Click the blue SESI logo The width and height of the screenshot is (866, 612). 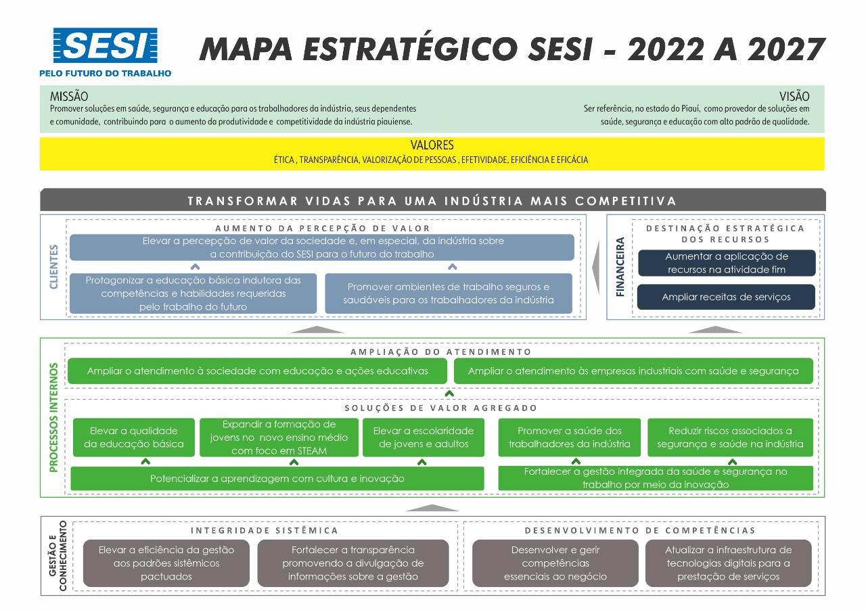click(x=105, y=45)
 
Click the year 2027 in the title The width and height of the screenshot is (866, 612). click(x=786, y=50)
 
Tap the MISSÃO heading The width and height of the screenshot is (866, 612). click(x=69, y=96)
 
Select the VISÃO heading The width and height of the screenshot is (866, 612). click(x=794, y=96)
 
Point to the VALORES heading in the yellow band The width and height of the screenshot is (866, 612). click(x=432, y=145)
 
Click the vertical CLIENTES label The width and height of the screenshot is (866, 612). click(x=53, y=266)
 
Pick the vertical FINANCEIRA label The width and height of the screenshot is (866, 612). click(x=620, y=267)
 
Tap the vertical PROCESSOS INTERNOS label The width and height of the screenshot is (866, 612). click(x=53, y=417)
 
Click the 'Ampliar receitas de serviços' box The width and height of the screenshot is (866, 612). click(x=726, y=297)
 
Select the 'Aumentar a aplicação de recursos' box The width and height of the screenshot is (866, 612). click(x=727, y=263)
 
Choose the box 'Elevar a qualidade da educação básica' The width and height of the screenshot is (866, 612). click(x=134, y=438)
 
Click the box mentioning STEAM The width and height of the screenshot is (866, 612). click(x=279, y=438)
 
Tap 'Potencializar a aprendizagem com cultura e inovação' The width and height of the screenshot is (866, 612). click(x=277, y=478)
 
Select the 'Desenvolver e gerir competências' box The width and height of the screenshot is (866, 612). click(x=555, y=563)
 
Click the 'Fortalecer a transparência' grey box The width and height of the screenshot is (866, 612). click(x=353, y=563)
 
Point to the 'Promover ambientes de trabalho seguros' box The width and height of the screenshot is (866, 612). click(x=449, y=293)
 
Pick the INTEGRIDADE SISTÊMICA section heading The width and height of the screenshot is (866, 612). click(x=265, y=530)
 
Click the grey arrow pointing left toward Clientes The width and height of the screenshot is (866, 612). click(x=596, y=267)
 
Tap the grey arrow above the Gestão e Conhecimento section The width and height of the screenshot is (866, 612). click(x=432, y=508)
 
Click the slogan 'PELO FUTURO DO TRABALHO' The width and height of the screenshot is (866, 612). click(x=105, y=74)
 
